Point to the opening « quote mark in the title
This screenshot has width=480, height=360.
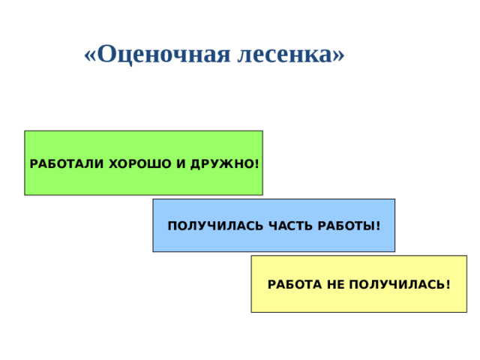click(x=91, y=55)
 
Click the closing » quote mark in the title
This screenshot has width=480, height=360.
click(x=338, y=55)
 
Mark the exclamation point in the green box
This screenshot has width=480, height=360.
click(x=257, y=163)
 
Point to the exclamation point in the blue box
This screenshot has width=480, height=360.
click(x=378, y=226)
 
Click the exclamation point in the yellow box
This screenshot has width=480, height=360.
click(x=448, y=285)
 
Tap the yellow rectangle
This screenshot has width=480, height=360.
click(x=358, y=300)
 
